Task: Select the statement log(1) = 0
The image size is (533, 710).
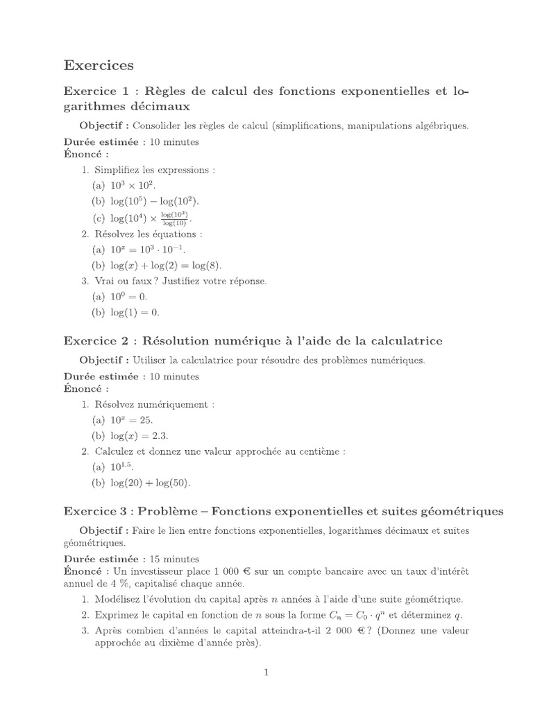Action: point(131,312)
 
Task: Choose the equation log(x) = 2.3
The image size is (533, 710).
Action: point(136,435)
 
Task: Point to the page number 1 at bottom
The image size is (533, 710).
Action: point(266,671)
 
